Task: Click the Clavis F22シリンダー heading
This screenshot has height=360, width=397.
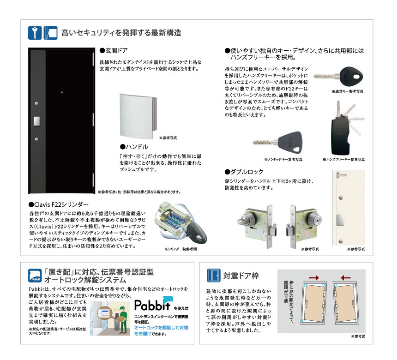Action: (x=58, y=204)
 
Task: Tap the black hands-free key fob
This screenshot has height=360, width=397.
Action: (x=340, y=133)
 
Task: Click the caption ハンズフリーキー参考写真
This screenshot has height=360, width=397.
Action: (x=343, y=159)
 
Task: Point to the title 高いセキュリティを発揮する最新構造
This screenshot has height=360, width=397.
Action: (x=121, y=33)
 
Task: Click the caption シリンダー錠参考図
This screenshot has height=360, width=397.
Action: (x=180, y=249)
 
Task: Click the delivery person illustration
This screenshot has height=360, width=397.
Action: (x=118, y=320)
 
